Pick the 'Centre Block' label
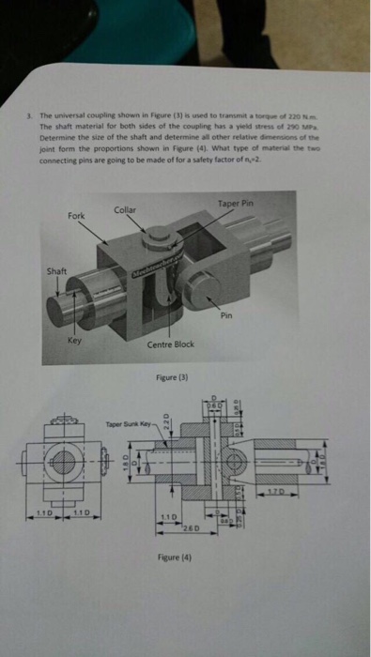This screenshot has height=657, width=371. (171, 344)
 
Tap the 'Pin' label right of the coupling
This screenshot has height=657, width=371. (226, 316)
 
